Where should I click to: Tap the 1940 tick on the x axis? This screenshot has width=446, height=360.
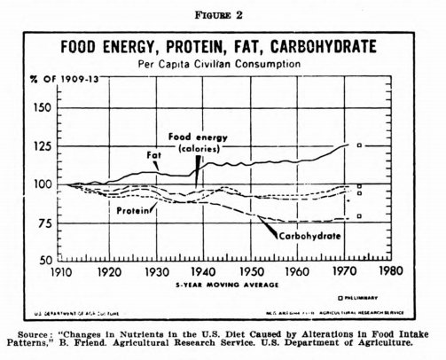pyautogui.click(x=202, y=272)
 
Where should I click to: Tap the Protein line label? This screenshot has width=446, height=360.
pyautogui.click(x=132, y=212)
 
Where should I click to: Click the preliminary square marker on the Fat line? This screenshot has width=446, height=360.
pyautogui.click(x=359, y=145)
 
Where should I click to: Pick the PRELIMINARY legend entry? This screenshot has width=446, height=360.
pyautogui.click(x=370, y=299)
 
